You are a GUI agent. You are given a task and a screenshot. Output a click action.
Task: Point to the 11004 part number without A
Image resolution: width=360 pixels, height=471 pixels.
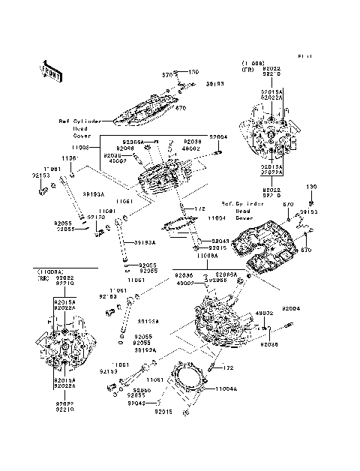point(216,217)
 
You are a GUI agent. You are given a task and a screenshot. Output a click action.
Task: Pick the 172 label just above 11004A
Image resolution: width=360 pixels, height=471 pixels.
point(229,367)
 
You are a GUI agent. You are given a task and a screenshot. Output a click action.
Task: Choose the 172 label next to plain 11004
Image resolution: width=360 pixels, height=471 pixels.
point(200,208)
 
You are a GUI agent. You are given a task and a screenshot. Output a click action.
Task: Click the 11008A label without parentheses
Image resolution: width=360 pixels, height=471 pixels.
point(209,256)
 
